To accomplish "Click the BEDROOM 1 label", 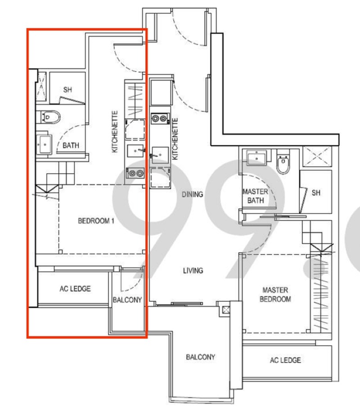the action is [x=96, y=221].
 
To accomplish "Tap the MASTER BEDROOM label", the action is [x=275, y=295].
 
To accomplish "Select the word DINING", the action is [x=192, y=195].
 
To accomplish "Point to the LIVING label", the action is [x=193, y=271].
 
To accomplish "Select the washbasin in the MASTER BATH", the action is [x=256, y=157].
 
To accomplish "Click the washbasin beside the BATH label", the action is [x=45, y=144].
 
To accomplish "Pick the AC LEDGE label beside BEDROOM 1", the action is [x=75, y=289].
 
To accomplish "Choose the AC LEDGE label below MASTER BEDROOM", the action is [x=285, y=360].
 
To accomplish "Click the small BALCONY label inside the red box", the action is [x=127, y=300].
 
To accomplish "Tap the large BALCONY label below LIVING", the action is [x=201, y=357].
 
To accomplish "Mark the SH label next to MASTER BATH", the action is [x=316, y=193].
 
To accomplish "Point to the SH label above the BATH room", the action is [x=67, y=90].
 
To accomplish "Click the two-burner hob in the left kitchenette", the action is [x=135, y=174].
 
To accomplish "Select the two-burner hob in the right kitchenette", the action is [x=160, y=118].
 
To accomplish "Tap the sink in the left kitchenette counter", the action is [x=135, y=151].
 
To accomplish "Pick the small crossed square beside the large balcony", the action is [x=226, y=310].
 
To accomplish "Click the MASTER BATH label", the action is [x=255, y=196].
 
